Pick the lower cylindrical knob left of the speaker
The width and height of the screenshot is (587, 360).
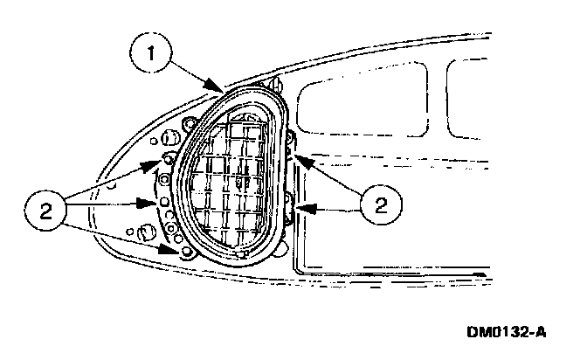[x=148, y=232]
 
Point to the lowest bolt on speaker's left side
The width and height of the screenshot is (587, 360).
[x=186, y=253]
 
